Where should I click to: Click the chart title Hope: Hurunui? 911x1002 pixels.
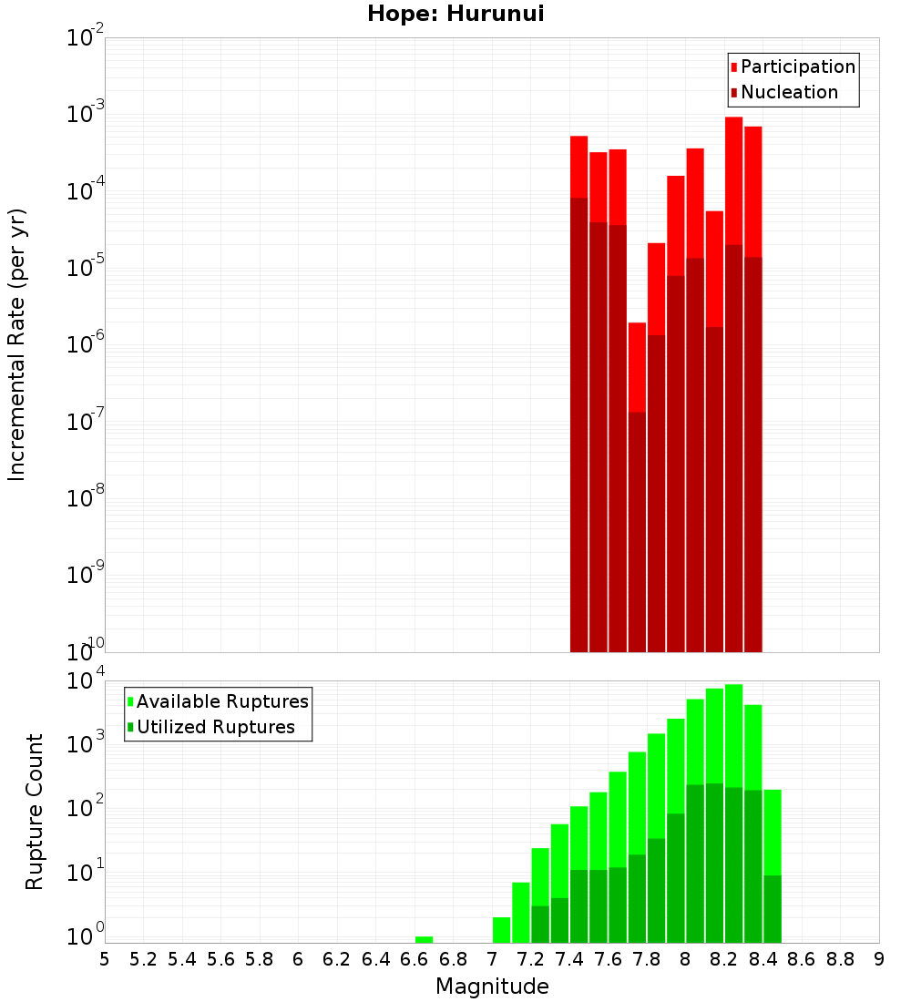pos(455,15)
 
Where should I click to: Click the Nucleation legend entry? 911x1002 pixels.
pos(788,92)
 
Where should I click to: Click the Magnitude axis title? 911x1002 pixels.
pos(492,987)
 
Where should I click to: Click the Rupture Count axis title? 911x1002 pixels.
pos(35,811)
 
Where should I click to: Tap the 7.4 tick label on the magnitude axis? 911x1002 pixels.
pos(569,959)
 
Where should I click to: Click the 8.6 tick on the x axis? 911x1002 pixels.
pos(802,959)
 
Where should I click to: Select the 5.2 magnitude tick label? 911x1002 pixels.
pos(144,959)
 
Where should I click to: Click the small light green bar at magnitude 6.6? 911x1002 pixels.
pos(424,939)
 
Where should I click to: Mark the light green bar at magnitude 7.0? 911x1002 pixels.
pos(501,930)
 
